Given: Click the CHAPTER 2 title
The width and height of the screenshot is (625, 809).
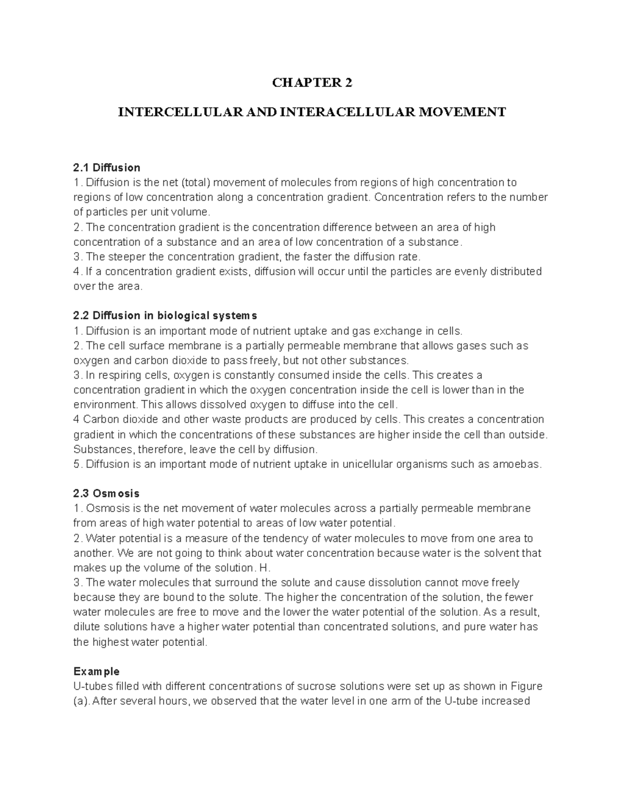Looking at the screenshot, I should coord(312,83).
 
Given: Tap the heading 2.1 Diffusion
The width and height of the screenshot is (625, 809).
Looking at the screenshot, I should coord(107,168).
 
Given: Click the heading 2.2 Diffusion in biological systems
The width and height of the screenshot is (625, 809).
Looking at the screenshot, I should coord(165,316).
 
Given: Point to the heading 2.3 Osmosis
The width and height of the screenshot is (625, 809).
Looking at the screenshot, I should coord(106,493).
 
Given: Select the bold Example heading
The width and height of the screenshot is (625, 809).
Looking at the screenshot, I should coord(96,671).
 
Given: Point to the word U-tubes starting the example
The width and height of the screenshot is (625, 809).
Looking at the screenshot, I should coord(92,686).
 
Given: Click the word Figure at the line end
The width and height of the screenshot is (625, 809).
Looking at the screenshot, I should coord(527,686).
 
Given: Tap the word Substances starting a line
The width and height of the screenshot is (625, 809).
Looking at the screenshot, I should coord(103,449).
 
